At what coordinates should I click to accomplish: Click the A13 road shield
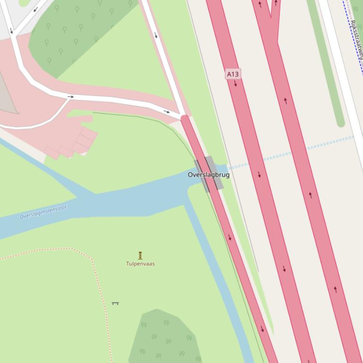(x=233, y=74)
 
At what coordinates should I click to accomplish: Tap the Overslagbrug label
(x=209, y=175)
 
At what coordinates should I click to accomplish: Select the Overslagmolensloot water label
(x=43, y=212)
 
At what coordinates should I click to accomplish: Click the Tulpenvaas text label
(x=140, y=264)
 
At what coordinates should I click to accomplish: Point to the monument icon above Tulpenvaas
(x=140, y=256)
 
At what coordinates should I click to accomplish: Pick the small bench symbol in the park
(x=115, y=303)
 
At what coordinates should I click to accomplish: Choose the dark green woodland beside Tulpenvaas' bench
(x=165, y=335)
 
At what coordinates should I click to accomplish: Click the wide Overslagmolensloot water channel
(x=118, y=203)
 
